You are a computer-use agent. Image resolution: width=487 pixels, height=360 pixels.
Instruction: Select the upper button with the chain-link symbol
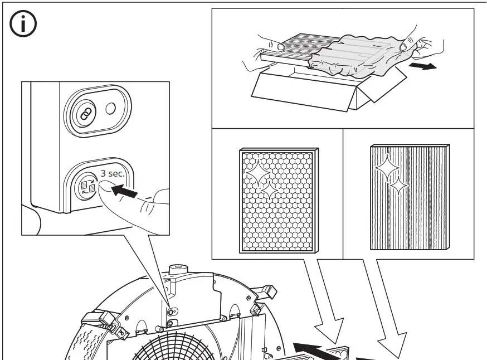84,113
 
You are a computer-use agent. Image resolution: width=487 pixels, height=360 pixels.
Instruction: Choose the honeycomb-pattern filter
278,200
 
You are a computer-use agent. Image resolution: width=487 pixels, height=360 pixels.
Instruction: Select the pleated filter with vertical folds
410,196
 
